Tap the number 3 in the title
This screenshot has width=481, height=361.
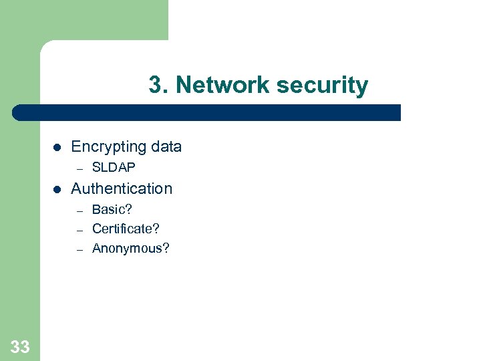155,86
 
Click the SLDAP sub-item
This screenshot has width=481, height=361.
114,167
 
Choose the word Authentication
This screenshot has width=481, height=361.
122,189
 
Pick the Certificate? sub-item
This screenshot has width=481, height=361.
126,229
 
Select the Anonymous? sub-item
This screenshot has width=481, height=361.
131,249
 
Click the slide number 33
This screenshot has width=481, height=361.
20,346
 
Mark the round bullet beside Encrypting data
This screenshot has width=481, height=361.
57,147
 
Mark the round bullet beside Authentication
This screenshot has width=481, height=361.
57,189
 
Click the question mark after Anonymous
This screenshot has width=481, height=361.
166,249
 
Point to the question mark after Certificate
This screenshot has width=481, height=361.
156,229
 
